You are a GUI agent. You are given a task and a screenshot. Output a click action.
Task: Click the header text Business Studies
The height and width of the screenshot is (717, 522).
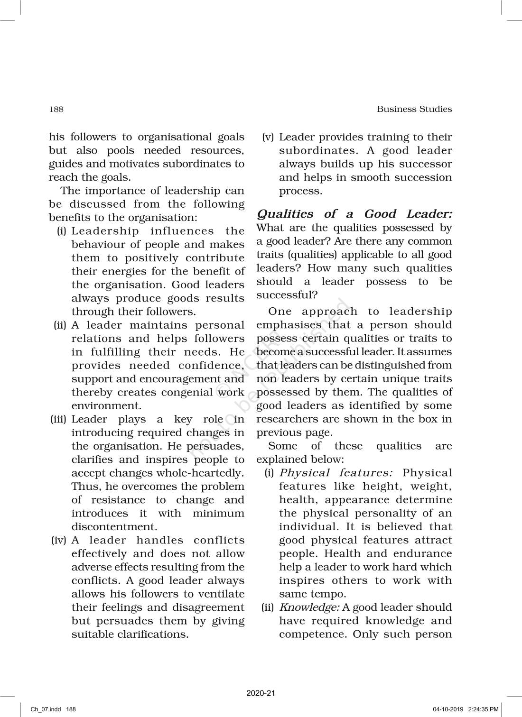coord(414,109)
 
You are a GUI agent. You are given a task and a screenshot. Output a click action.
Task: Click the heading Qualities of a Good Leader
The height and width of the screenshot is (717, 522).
coord(354,214)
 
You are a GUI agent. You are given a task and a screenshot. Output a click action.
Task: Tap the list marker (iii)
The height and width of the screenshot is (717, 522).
coord(59,419)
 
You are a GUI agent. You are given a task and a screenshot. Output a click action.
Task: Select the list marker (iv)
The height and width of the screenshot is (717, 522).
coord(59,540)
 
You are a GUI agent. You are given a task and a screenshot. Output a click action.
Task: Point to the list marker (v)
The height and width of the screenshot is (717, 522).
coord(268,137)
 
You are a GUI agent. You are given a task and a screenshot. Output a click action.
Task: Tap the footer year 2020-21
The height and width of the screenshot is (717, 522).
coord(261,693)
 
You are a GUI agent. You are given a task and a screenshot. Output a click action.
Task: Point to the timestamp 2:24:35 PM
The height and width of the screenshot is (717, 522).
coord(483,709)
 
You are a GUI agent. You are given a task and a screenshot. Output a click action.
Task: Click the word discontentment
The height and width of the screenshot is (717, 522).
coord(114,527)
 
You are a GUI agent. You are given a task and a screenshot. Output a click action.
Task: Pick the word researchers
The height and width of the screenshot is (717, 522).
coord(286,419)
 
